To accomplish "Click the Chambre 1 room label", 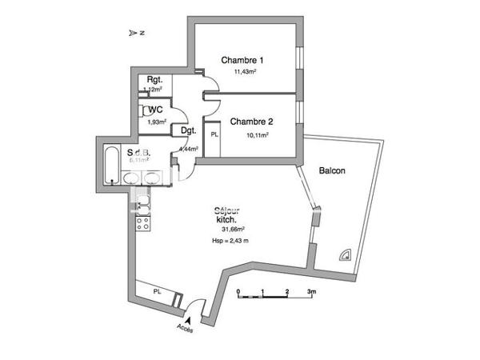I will tap(242, 60).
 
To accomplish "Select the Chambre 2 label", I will tap(252, 122).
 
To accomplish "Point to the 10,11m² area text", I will tap(256, 135).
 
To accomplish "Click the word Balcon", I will tap(332, 170).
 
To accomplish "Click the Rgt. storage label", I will tap(154, 79).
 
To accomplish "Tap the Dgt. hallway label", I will tap(189, 130).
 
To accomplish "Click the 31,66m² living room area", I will tap(233, 229).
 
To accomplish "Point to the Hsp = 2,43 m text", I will tap(230, 240).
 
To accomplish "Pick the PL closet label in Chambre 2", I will tap(214, 135).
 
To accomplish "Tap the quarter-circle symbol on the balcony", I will tap(346, 254).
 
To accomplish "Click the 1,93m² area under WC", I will tap(155, 122).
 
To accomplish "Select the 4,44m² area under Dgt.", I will tap(189, 149).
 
